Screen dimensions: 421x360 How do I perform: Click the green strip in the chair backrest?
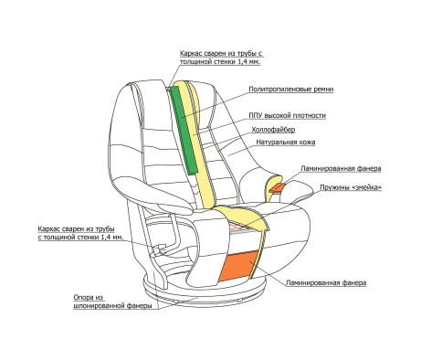(183, 130)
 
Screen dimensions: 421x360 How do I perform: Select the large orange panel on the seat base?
(238, 266)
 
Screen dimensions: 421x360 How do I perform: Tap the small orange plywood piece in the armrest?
(277, 187)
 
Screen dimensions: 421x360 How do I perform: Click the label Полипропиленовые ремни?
(291, 90)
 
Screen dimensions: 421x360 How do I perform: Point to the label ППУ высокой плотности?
(287, 116)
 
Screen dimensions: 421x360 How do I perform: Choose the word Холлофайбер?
(273, 130)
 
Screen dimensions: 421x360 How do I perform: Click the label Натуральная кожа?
(286, 142)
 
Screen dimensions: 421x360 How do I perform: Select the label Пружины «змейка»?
(351, 187)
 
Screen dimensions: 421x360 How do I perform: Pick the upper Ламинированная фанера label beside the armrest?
(341, 168)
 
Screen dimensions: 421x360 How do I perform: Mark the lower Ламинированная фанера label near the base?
(326, 283)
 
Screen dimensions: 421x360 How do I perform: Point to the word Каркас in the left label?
(48, 228)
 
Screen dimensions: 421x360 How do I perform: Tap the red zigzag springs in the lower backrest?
(195, 188)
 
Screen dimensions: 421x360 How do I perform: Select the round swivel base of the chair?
(205, 291)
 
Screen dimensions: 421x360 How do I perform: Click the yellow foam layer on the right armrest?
(271, 189)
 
